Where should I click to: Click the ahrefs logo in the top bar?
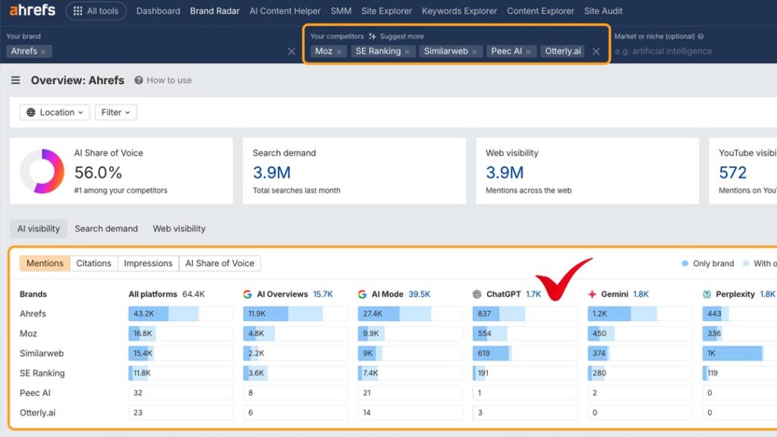point(33,11)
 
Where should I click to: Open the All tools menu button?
point(96,11)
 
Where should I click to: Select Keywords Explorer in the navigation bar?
point(459,11)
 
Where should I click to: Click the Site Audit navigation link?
point(603,11)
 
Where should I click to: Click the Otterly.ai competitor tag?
point(562,52)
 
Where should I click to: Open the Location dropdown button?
point(52,112)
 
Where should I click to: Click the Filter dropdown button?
point(115,112)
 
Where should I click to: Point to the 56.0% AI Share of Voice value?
point(98,172)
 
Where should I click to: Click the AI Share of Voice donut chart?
point(42,171)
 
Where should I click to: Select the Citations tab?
point(93,263)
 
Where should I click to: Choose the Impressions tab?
point(148,263)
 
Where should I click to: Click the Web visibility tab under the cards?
point(179,228)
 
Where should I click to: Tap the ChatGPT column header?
point(503,294)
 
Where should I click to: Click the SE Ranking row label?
point(42,373)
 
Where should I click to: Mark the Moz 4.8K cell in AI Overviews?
point(258,334)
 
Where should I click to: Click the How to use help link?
point(163,80)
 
